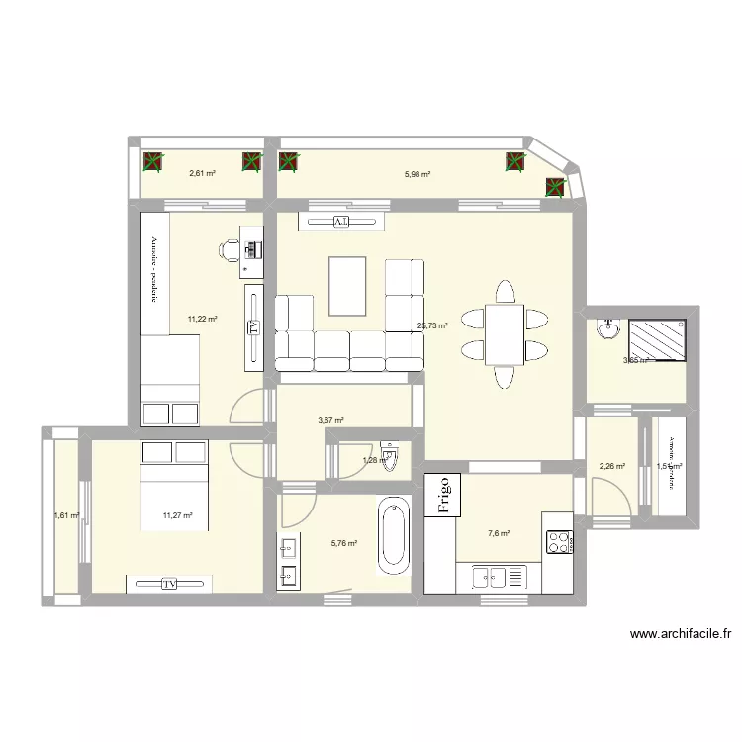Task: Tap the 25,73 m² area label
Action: [433, 325]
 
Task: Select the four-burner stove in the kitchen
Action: [559, 542]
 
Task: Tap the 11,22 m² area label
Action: [202, 319]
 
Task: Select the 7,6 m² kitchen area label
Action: [499, 534]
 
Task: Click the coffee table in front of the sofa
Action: [346, 285]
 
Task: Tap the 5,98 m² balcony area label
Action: [417, 174]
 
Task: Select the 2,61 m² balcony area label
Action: [202, 173]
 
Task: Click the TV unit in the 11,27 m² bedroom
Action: [168, 584]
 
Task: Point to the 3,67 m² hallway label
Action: [330, 420]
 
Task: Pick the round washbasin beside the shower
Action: [604, 331]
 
